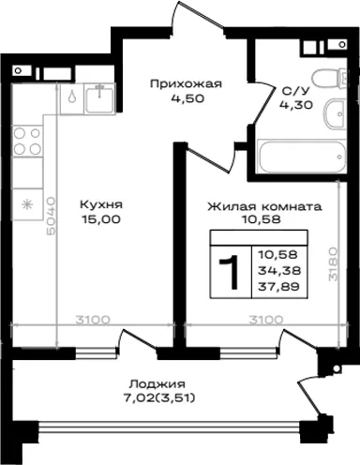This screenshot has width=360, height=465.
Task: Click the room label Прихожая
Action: click(186, 84)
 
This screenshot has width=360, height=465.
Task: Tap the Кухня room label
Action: click(101, 205)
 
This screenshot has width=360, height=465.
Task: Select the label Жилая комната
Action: click(264, 206)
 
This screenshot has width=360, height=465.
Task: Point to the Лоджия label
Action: click(157, 383)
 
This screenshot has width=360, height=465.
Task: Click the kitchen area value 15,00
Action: click(101, 219)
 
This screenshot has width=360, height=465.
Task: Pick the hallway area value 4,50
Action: click(187, 98)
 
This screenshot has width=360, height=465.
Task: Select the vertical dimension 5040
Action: click(51, 216)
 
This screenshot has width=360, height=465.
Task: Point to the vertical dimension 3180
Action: click(333, 264)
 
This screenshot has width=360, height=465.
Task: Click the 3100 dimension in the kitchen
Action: click(93, 320)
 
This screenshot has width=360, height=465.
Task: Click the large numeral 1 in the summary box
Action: click(230, 271)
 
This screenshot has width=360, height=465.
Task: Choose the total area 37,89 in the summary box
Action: click(278, 286)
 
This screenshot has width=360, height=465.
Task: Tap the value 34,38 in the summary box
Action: click(279, 270)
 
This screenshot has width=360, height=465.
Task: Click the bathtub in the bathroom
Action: click(301, 157)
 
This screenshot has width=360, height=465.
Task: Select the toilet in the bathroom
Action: click(330, 79)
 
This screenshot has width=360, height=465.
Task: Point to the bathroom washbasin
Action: click(335, 114)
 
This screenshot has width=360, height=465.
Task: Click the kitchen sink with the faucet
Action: click(99, 99)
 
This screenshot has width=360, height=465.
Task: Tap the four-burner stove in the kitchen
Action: click(27, 141)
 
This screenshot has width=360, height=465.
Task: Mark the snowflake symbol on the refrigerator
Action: click(27, 204)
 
